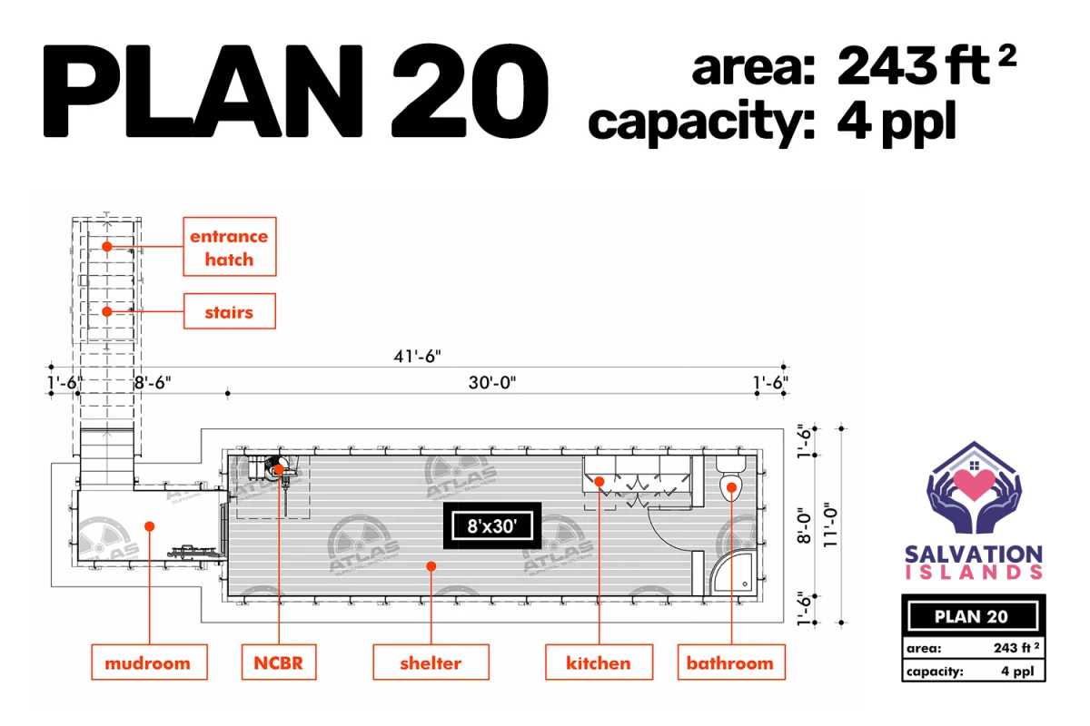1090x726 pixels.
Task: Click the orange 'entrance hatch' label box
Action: click(230, 247)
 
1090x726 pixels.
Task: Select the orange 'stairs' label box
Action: click(230, 311)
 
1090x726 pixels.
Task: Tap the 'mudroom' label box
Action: click(149, 662)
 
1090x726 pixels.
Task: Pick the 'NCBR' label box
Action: click(279, 662)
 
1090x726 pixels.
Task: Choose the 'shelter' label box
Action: click(431, 662)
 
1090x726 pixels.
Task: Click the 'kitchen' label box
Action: click(599, 662)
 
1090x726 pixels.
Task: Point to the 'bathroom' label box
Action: click(731, 662)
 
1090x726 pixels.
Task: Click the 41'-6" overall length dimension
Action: click(417, 357)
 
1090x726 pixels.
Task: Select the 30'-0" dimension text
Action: click(492, 383)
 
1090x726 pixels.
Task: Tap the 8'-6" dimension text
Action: click(153, 383)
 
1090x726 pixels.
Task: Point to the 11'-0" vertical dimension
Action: click(830, 525)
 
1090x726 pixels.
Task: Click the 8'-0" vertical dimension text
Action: click(804, 525)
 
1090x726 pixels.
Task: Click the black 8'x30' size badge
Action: click(492, 525)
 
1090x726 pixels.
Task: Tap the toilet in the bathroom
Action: click(731, 479)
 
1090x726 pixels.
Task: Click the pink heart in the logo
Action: click(974, 484)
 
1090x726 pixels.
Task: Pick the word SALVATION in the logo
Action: click(974, 554)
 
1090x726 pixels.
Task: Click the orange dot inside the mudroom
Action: click(150, 526)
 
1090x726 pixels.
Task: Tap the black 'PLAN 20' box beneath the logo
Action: click(973, 616)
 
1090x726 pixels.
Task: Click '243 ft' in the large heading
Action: click(914, 66)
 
